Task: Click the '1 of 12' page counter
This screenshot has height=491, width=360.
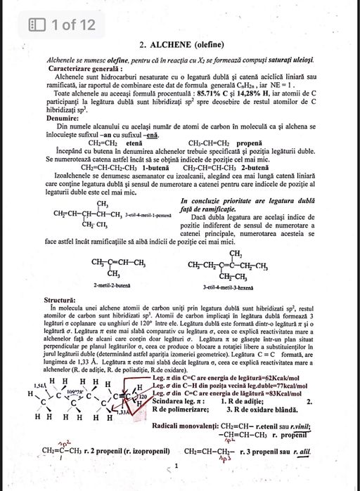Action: tap(68, 25)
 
